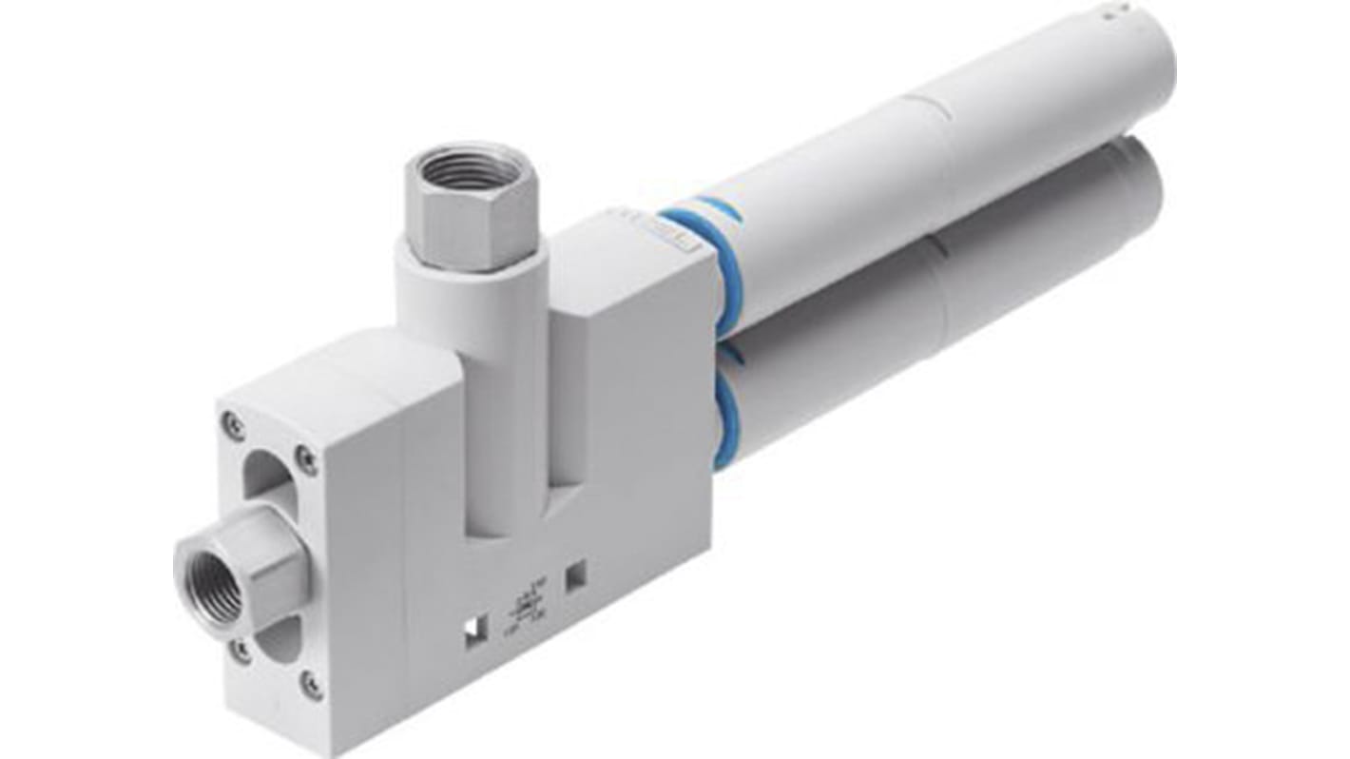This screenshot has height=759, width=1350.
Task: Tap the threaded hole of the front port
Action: coord(210,574)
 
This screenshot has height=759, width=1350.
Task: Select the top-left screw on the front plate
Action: coord(231,423)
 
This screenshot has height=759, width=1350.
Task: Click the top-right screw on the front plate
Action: coord(305,460)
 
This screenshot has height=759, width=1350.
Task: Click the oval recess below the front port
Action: coord(280,635)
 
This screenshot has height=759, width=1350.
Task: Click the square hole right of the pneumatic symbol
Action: coord(575,574)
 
